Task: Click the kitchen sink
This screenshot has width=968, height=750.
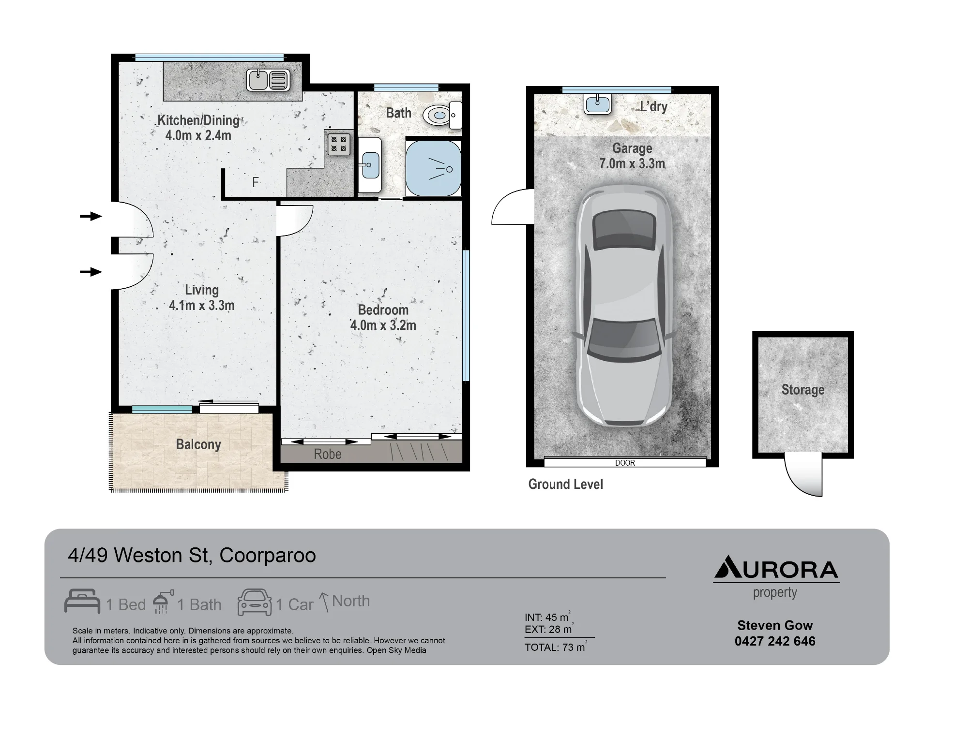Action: [x=268, y=80]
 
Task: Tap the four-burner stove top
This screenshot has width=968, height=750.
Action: [x=339, y=144]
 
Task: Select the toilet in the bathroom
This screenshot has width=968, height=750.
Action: [x=442, y=115]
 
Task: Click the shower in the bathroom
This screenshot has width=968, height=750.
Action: [x=433, y=168]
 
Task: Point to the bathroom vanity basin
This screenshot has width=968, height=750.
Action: [x=370, y=164]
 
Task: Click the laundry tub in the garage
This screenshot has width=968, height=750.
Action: [x=598, y=104]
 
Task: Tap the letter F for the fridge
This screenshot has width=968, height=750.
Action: [x=256, y=182]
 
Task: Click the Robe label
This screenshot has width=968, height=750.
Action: [x=328, y=454]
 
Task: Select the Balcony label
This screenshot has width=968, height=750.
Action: [x=198, y=444]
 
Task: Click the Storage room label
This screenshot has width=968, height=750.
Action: [x=803, y=390]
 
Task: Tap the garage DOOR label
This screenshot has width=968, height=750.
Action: [x=625, y=463]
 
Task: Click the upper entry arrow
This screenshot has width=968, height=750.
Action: [x=91, y=216]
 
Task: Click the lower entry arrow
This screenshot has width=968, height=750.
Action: [x=91, y=272]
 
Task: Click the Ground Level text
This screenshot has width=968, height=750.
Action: [x=566, y=485]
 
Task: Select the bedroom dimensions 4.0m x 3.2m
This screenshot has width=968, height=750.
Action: [x=383, y=325]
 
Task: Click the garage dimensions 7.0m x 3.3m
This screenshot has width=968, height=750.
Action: [x=632, y=164]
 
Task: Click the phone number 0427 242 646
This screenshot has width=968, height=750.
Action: [x=775, y=641]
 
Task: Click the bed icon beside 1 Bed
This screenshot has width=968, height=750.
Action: [x=82, y=601]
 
